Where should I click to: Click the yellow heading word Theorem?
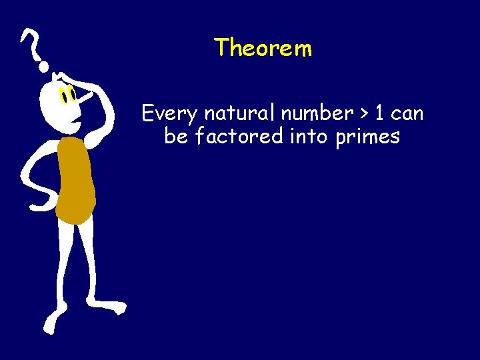pos(263,48)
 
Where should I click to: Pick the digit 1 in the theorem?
pos(380,113)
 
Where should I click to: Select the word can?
pos(407,114)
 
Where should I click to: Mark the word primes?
pos(369,138)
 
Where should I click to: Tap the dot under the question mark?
pos(44,66)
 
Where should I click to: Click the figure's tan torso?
pos(75,180)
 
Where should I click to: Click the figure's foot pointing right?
pos(113,308)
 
